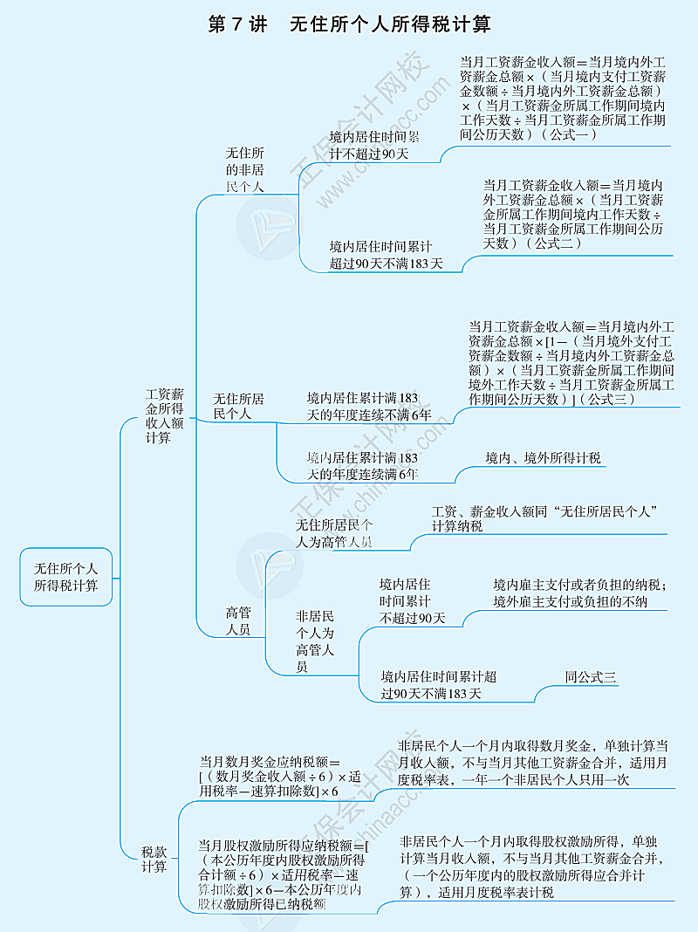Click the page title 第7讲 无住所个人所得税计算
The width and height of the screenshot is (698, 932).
pos(349,24)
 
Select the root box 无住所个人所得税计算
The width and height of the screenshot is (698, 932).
pos(66,576)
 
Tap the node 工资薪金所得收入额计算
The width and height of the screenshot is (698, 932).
pos(164,416)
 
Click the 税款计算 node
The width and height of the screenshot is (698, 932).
pos(154,859)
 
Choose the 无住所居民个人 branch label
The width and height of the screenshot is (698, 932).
pos(239,406)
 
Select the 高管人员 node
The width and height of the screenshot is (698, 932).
pos(238,620)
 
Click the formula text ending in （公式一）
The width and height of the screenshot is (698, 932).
pos(563,98)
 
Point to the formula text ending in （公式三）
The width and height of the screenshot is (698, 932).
pos(571,362)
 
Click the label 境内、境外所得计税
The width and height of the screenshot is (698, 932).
pos(543,458)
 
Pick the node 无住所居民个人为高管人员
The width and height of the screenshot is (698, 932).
pos(334,533)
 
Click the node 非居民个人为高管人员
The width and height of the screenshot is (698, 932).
pos(315,641)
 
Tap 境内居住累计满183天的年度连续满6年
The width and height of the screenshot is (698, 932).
pos(362,466)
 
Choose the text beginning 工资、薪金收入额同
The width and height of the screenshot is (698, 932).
pos(544,517)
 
